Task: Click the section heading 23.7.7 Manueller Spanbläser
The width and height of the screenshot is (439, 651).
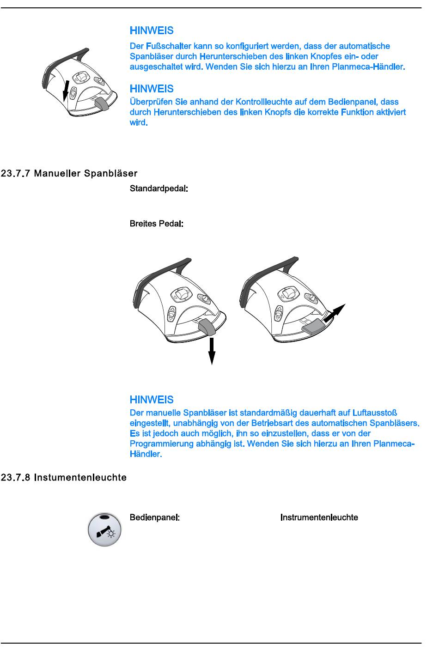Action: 69,174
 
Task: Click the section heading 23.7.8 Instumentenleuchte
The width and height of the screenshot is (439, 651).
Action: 64,477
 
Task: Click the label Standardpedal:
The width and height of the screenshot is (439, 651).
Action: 158,189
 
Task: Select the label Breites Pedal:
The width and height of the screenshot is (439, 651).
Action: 157,224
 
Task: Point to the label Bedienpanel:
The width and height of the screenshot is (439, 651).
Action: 154,517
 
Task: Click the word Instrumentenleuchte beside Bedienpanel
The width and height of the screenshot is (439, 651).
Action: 319,517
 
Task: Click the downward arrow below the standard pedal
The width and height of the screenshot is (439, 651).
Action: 212,351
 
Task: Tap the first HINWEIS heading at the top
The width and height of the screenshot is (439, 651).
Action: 152,31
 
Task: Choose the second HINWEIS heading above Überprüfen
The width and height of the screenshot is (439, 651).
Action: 152,88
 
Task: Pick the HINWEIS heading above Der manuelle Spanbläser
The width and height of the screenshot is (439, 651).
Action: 152,400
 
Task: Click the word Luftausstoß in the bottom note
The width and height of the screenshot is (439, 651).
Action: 375,413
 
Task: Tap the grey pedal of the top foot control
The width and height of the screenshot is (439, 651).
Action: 102,103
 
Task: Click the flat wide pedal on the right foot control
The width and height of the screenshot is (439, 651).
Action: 313,326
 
